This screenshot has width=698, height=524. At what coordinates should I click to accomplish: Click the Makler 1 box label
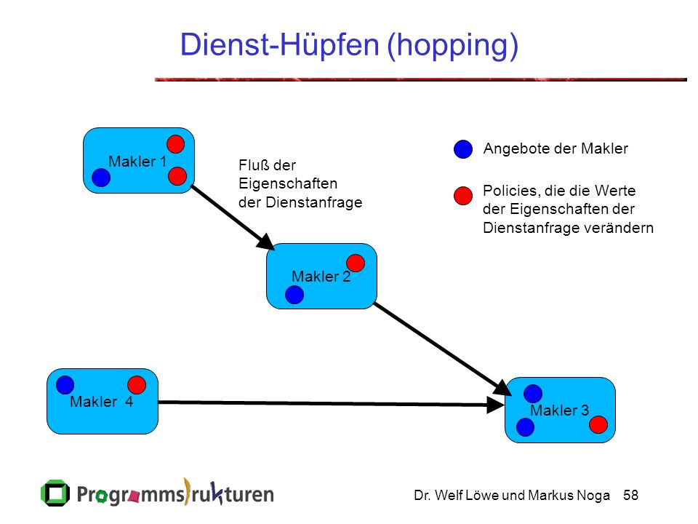tap(137, 162)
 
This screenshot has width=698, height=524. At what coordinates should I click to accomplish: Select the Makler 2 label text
tap(321, 277)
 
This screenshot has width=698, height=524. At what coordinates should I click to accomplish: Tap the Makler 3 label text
tap(560, 410)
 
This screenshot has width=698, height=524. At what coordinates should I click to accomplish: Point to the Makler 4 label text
tap(102, 402)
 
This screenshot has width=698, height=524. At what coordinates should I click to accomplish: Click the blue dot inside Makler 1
tap(101, 178)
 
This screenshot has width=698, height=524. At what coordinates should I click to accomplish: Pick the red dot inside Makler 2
tap(356, 263)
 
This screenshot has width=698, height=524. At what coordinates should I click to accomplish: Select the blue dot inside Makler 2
tap(294, 295)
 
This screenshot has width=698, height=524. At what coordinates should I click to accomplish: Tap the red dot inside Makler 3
tap(598, 424)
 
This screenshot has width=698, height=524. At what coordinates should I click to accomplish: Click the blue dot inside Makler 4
tap(65, 385)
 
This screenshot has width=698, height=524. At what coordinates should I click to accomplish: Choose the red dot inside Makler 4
tap(137, 385)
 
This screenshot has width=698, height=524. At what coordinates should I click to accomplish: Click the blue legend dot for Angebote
tap(463, 148)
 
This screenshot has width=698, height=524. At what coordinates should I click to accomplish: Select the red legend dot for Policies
tap(463, 196)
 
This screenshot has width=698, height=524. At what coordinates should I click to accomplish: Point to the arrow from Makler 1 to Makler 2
tap(233, 218)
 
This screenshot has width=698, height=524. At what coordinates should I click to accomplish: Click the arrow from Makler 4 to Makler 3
tap(332, 404)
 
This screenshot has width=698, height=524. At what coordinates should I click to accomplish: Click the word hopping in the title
tap(453, 45)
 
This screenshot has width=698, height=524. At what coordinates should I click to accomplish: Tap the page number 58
tap(631, 495)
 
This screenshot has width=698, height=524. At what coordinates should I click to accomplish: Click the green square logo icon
tap(55, 493)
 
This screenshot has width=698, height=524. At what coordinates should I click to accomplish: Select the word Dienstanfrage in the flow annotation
tap(314, 202)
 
